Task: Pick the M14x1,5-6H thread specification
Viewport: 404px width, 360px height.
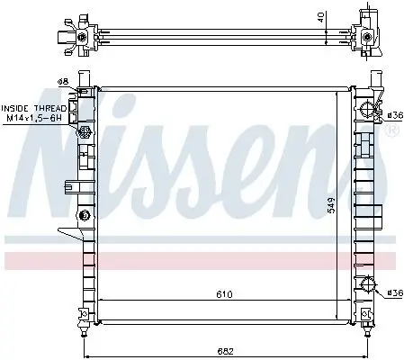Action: click(x=33, y=118)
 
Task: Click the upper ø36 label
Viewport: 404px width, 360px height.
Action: click(x=392, y=113)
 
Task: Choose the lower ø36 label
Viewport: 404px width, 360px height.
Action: click(x=392, y=292)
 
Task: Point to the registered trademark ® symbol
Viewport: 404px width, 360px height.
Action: click(x=391, y=132)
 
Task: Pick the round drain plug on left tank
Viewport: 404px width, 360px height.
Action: click(x=85, y=215)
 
